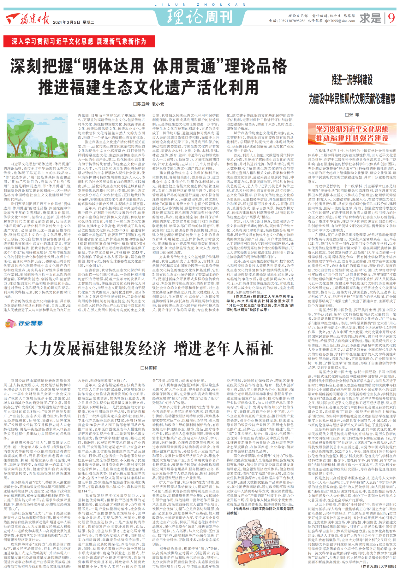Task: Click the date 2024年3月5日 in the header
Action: [x=66, y=22]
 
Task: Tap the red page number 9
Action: [x=391, y=18]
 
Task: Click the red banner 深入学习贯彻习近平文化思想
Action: [x=79, y=41]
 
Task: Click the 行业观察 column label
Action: [x=30, y=323]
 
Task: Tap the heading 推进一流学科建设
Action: [x=352, y=80]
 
